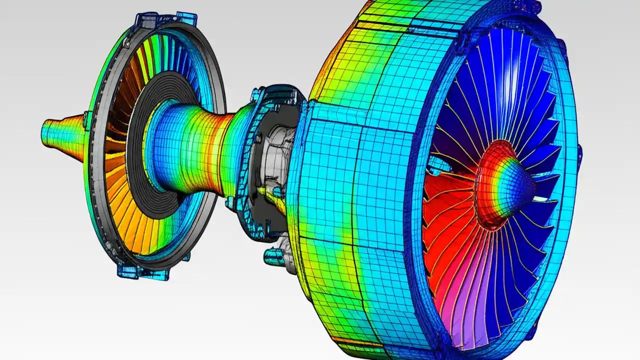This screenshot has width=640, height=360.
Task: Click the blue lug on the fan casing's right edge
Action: point(579,155)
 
